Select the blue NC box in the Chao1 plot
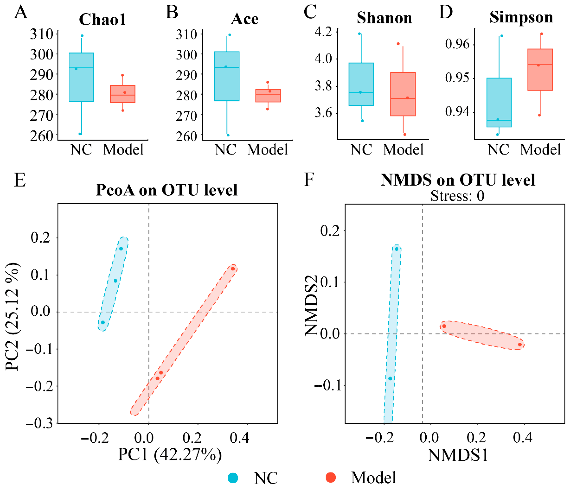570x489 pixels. pyautogui.click(x=81, y=77)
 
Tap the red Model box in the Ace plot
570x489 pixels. pyautogui.click(x=268, y=95)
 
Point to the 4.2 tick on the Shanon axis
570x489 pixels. pyautogui.click(x=323, y=32)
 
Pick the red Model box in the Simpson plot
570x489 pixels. pyautogui.click(x=540, y=70)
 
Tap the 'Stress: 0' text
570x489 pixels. pyautogui.click(x=457, y=196)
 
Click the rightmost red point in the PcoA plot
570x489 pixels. pyautogui.click(x=233, y=269)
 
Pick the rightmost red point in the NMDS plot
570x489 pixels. pyautogui.click(x=520, y=344)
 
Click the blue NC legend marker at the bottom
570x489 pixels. pyautogui.click(x=233, y=478)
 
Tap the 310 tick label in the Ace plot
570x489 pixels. pyautogui.click(x=186, y=35)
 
